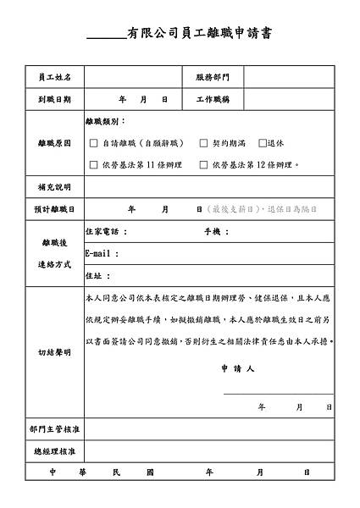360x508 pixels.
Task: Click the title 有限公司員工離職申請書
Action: click(199, 34)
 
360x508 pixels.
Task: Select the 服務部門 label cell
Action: click(212, 77)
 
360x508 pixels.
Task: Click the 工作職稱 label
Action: click(212, 100)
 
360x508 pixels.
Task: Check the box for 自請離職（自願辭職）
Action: click(93, 144)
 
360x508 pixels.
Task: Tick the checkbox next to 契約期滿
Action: click(203, 144)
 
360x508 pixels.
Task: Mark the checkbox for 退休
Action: click(263, 144)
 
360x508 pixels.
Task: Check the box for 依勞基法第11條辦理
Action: click(93, 165)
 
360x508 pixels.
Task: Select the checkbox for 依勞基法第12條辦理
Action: click(203, 165)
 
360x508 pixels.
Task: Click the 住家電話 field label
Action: click(106, 231)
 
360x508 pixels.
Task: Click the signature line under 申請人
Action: click(278, 393)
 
